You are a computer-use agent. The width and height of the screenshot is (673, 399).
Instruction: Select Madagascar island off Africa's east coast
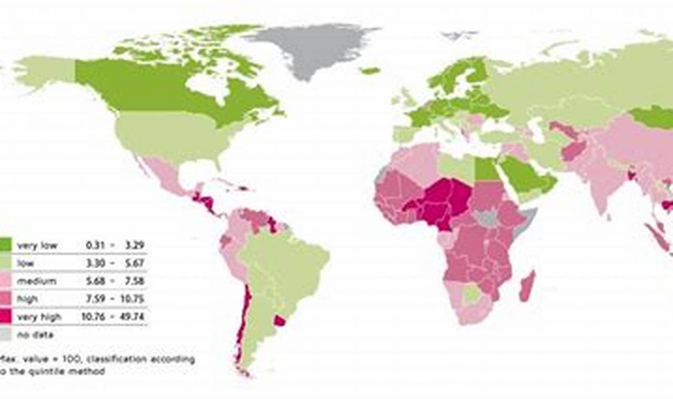[527, 286]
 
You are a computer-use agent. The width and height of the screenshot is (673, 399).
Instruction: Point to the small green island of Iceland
[371, 70]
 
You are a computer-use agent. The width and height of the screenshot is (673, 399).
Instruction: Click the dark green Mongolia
[652, 117]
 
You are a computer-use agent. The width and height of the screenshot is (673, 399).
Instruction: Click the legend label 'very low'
[37, 245]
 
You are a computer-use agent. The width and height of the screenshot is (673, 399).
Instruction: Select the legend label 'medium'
[36, 281]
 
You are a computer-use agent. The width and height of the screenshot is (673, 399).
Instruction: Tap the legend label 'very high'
[39, 317]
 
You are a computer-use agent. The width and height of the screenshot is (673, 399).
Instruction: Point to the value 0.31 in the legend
[96, 245]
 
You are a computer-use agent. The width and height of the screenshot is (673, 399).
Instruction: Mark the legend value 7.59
[96, 299]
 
